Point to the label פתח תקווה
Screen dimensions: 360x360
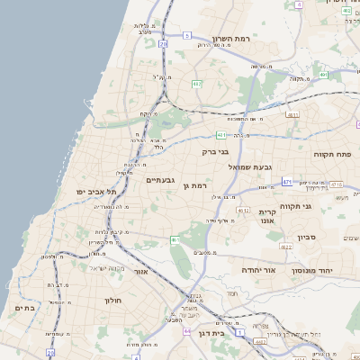pyautogui.click(x=331, y=154)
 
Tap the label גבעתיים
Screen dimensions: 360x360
pyautogui.click(x=159, y=180)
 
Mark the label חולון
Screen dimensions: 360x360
pyautogui.click(x=112, y=300)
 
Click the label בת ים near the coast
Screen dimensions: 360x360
pyautogui.click(x=24, y=308)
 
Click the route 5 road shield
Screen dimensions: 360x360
pyautogui.click(x=187, y=35)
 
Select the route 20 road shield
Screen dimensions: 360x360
pyautogui.click(x=163, y=43)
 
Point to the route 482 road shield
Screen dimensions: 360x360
pyautogui.click(x=196, y=84)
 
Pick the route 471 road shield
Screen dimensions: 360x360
pyautogui.click(x=287, y=182)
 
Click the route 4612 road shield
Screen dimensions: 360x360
pyautogui.click(x=242, y=210)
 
